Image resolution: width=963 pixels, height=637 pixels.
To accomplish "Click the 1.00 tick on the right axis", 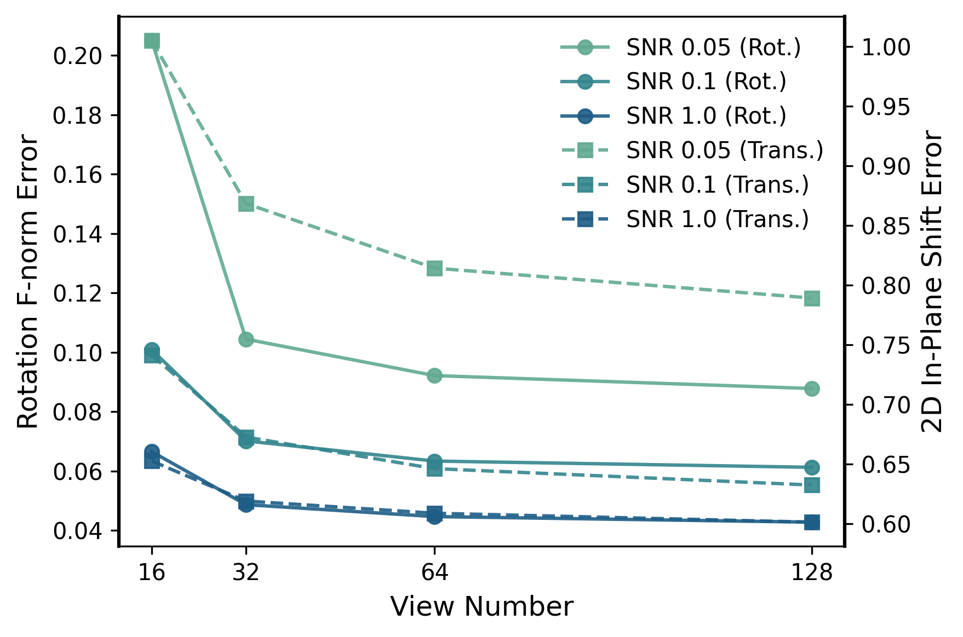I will (886, 47).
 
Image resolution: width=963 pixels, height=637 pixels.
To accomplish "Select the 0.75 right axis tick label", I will (886, 345).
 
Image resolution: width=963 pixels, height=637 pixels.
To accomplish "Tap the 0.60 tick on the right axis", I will (886, 524).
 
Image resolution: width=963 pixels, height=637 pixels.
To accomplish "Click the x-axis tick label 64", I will (434, 572).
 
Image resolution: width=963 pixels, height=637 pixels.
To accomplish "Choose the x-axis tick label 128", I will (811, 572).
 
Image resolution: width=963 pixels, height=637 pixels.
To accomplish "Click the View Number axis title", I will (482, 606).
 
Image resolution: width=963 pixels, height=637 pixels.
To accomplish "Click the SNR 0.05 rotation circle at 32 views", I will (246, 339).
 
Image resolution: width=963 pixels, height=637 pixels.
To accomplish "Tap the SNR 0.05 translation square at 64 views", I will (434, 268).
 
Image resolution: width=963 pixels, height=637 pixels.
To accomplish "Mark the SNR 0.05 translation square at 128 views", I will (812, 299).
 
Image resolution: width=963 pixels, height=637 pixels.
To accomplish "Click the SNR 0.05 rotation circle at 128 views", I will (812, 389).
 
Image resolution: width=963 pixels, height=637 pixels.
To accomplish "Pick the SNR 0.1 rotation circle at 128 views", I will (812, 467).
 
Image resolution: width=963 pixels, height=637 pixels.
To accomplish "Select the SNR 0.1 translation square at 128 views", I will (812, 485).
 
